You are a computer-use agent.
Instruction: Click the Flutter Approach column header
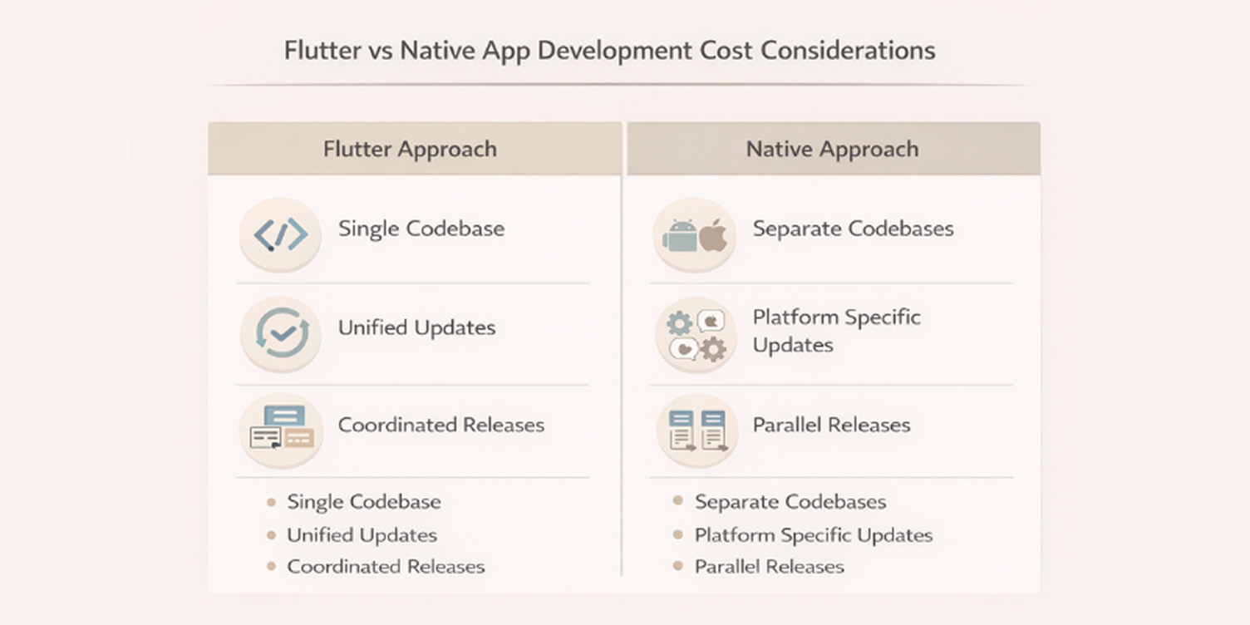pos(410,150)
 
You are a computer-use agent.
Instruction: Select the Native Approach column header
pos(832,150)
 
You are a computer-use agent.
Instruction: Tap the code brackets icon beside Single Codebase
pos(280,235)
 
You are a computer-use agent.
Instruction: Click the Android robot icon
pos(680,236)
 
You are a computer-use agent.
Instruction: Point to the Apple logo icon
pos(713,236)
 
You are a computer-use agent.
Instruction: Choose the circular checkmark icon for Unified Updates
pos(282,332)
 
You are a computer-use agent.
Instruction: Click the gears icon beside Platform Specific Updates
pos(696,335)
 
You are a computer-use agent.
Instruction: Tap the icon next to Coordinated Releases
pos(282,428)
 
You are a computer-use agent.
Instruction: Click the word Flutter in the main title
pos(323,51)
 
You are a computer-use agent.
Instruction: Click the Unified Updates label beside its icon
pos(416,327)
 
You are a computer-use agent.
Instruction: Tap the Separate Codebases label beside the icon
pos(853,229)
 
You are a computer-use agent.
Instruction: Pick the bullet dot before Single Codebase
pos(271,502)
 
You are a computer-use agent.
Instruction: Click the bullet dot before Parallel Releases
pos(677,567)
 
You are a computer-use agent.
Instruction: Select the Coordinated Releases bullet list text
pos(386,567)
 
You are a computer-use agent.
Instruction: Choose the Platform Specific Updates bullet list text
pos(813,535)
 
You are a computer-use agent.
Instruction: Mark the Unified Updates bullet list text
pos(362,535)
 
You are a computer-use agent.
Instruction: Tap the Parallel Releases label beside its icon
pos(831,425)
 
